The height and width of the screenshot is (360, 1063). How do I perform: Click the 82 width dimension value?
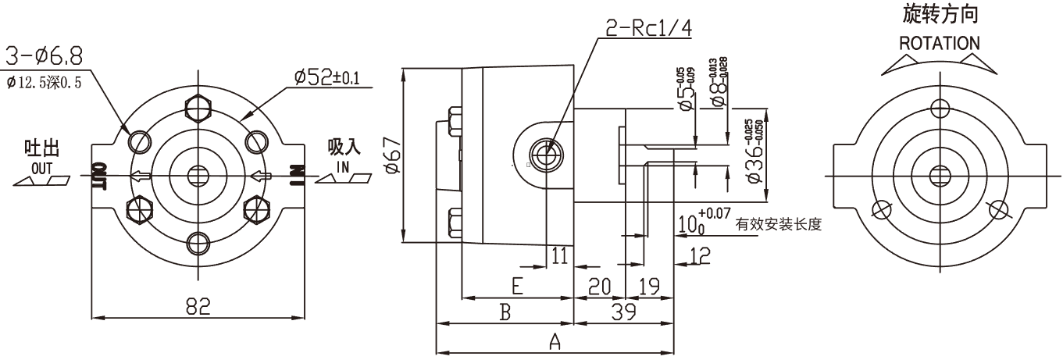click(199, 308)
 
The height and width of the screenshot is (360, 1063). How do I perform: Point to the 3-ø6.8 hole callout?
click(45, 55)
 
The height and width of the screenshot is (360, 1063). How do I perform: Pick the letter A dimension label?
click(555, 341)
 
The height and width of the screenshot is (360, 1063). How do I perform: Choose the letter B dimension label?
click(505, 313)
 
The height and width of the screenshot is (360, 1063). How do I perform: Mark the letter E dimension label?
click(516, 287)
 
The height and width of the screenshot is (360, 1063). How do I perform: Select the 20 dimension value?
click(599, 287)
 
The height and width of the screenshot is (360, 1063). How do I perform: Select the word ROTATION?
click(939, 42)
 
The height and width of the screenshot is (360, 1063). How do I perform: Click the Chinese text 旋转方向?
click(940, 14)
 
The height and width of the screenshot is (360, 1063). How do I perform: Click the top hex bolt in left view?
click(199, 107)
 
